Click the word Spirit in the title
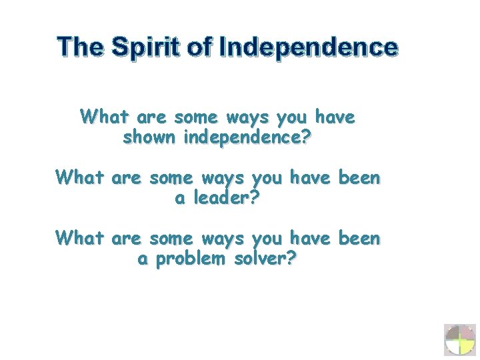tap(147, 47)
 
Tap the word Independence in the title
tap(308, 47)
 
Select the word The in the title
tap(80, 47)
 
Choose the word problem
tap(191, 259)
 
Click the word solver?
tap(265, 259)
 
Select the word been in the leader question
tap(359, 178)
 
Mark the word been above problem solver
tap(359, 238)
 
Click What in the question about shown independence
tap(105, 118)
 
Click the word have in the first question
tap(335, 118)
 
